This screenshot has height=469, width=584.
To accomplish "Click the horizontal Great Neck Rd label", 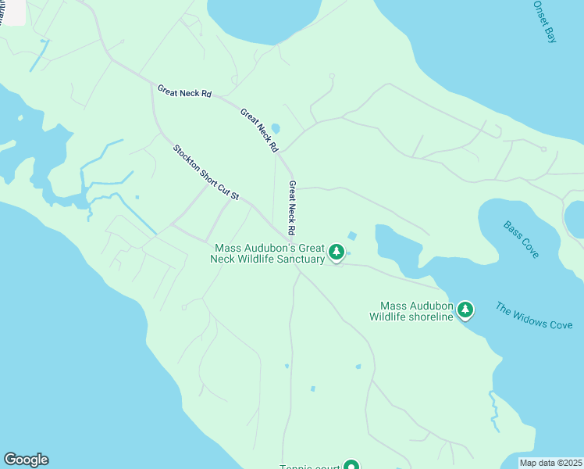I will [184, 91].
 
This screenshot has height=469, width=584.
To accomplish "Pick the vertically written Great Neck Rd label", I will [291, 208].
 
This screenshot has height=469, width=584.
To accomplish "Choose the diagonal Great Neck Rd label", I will [259, 130].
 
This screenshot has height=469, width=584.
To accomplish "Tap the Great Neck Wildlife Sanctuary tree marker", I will [337, 252].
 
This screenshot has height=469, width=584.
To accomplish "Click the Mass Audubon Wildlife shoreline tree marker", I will [465, 310].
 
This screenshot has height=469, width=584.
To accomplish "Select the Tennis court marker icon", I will [351, 466].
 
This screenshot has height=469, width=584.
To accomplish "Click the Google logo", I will [26, 460].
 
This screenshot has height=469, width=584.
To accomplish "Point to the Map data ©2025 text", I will [550, 463].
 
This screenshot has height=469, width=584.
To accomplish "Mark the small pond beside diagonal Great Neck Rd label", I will [275, 129].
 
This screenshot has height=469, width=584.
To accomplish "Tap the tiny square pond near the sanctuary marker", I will [352, 235].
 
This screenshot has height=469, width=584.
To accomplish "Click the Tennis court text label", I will [310, 467].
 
